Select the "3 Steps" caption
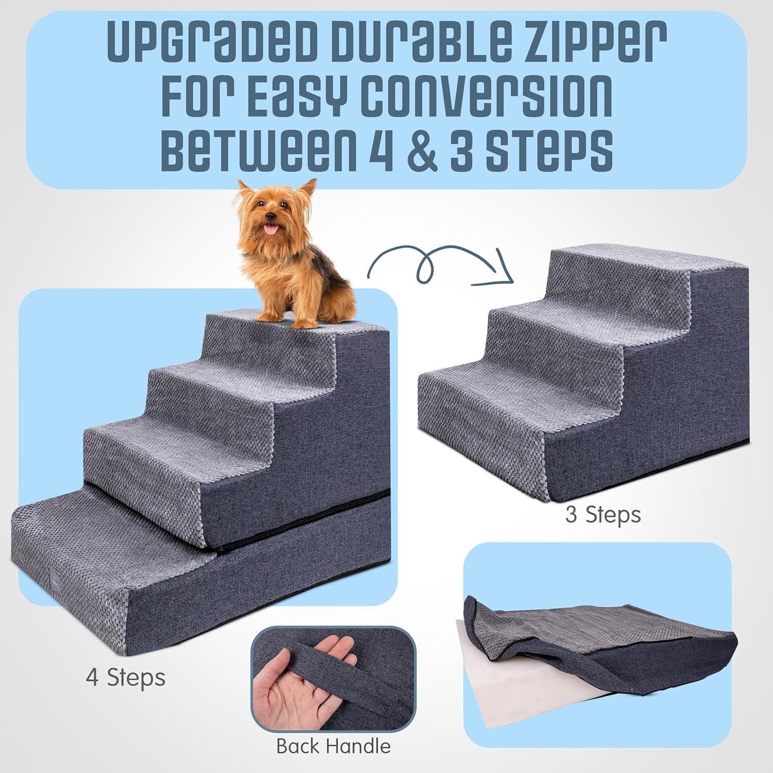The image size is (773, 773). tap(602, 514)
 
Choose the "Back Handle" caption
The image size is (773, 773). tap(333, 746)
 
